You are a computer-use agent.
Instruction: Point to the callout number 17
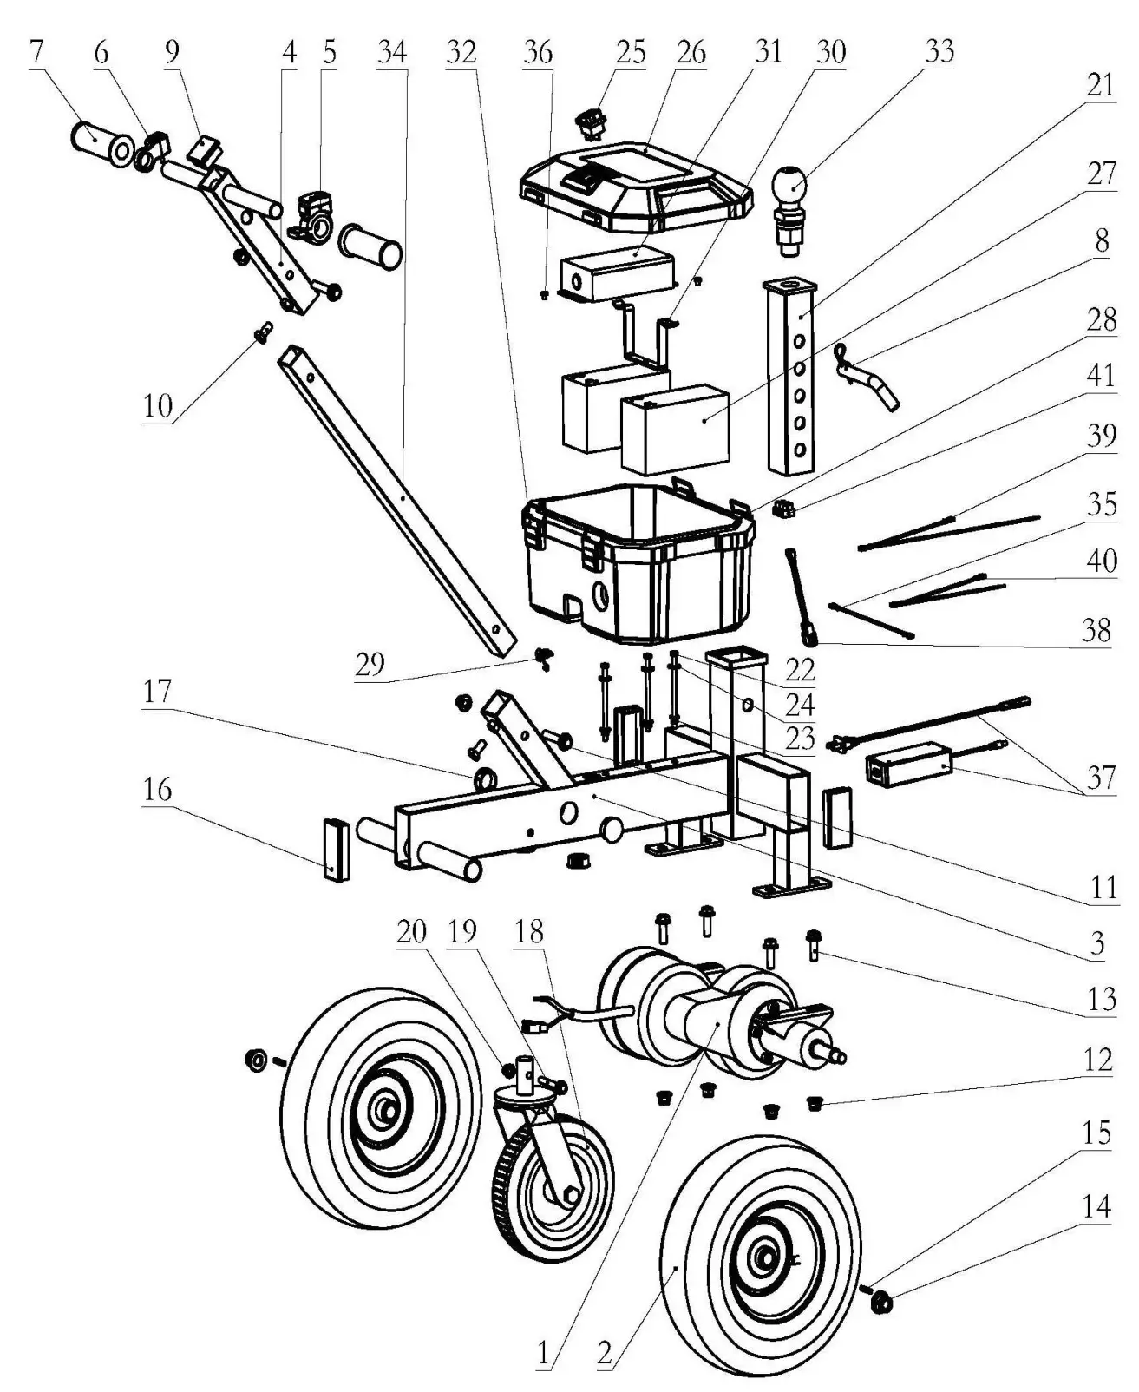[158, 692]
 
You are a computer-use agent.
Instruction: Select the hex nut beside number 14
[883, 1300]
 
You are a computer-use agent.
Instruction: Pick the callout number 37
[1100, 777]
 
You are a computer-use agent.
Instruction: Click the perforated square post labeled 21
[792, 378]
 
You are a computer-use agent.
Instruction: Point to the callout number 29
[370, 665]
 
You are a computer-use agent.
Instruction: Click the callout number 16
[158, 790]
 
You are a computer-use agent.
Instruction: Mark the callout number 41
[1100, 377]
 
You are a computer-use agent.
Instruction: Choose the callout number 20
[412, 932]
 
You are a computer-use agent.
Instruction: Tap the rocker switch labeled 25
[591, 122]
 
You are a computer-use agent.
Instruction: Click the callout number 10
[158, 405]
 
